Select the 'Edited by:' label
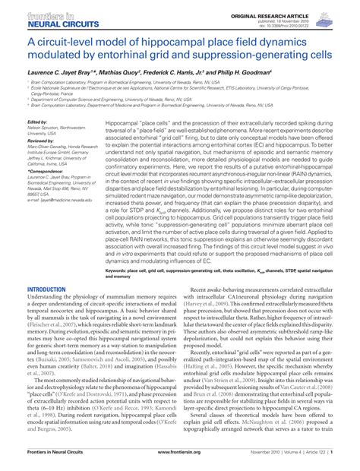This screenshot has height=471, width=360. click(x=37, y=122)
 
